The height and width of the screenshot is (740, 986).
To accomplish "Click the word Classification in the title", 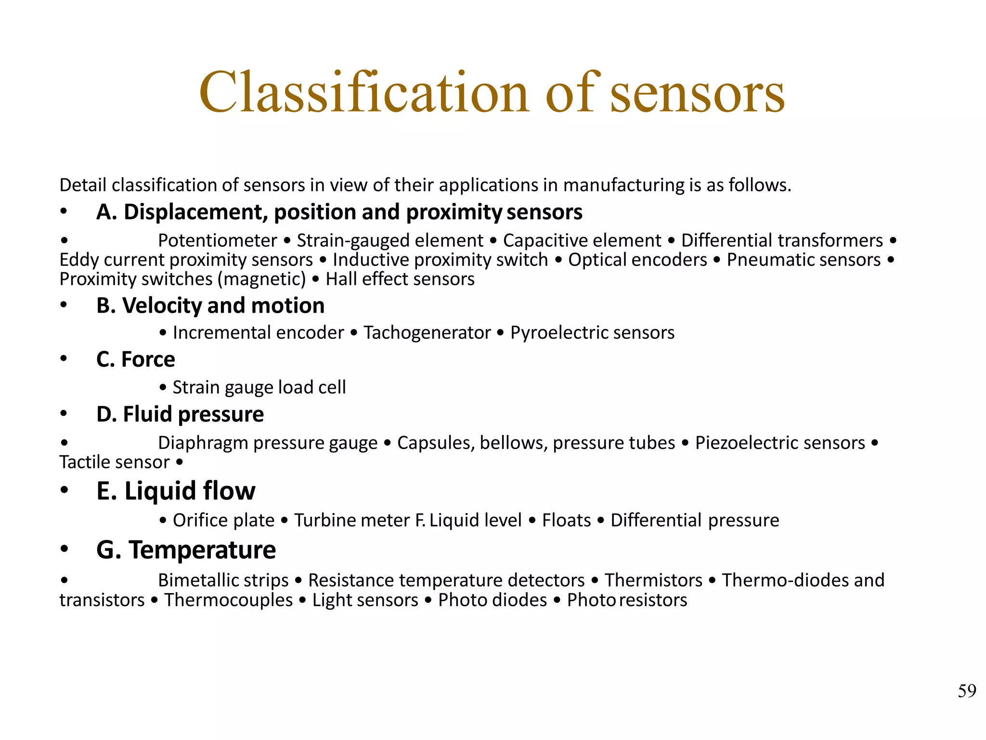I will [364, 92].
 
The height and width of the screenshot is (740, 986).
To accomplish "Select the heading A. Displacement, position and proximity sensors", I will [339, 212].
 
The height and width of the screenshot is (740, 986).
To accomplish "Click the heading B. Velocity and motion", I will [210, 306].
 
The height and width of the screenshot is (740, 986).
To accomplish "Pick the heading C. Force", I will [136, 360].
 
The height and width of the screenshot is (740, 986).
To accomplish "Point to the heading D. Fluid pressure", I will [180, 415].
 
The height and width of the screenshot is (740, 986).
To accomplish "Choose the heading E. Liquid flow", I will [176, 491].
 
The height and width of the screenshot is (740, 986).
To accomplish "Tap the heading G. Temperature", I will [186, 550].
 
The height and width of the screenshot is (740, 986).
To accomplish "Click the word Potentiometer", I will [218, 240].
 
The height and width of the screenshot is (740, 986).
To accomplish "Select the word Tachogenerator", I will [427, 333].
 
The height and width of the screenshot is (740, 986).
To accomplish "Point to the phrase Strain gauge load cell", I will [259, 387].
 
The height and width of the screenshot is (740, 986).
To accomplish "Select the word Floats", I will [566, 520].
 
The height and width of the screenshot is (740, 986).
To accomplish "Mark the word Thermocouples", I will [228, 600].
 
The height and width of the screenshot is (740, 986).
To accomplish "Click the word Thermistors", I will [653, 581].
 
